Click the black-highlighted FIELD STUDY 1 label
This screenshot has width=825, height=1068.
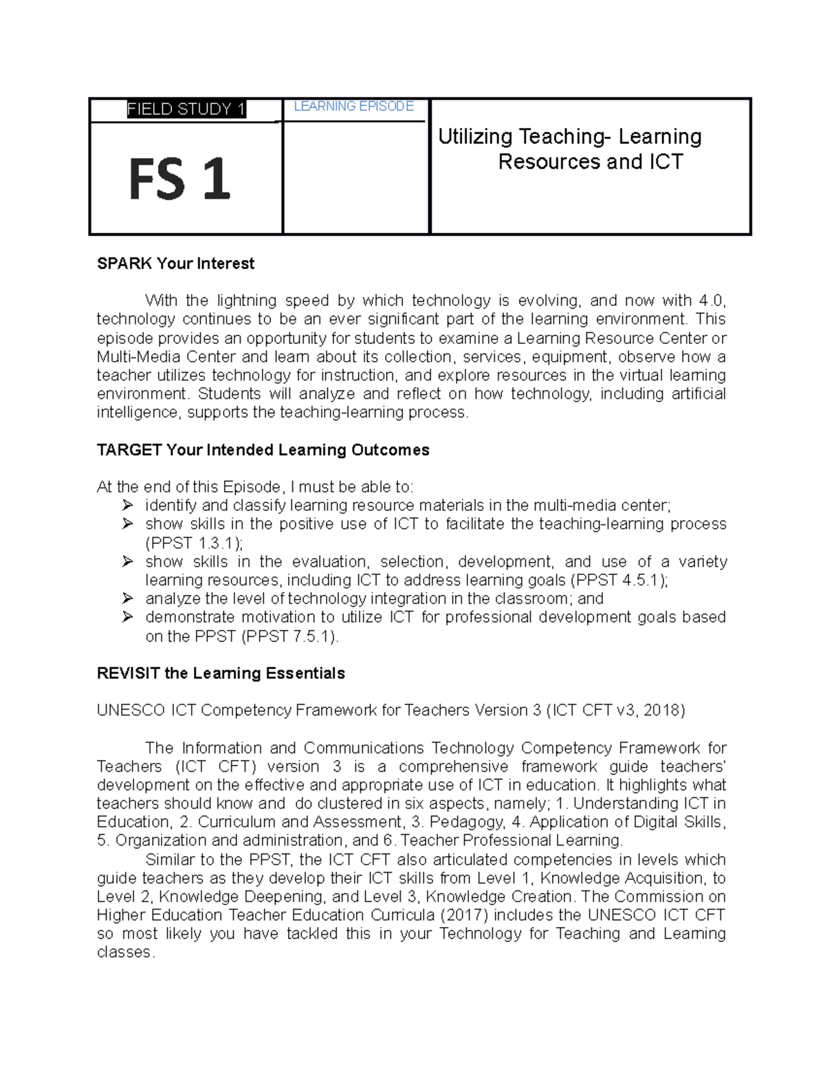click(x=186, y=109)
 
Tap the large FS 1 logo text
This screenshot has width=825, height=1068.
click(x=179, y=179)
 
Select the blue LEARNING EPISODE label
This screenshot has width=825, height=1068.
click(x=353, y=107)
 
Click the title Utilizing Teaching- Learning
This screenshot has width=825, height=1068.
click(x=569, y=137)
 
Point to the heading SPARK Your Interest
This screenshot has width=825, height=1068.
click(x=175, y=263)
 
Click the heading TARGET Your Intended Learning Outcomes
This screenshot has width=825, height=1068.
click(x=263, y=450)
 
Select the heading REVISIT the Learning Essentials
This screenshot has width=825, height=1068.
click(x=221, y=673)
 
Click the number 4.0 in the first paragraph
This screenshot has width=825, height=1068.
click(x=711, y=301)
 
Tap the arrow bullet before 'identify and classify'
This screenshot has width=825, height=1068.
click(x=127, y=505)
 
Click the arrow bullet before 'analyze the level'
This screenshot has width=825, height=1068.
click(x=127, y=598)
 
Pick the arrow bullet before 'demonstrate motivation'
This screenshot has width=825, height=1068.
click(x=127, y=617)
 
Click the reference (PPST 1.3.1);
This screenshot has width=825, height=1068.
click(x=195, y=543)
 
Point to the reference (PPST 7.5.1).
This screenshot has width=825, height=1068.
click(x=290, y=636)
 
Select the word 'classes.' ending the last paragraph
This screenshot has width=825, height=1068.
click(x=126, y=952)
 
